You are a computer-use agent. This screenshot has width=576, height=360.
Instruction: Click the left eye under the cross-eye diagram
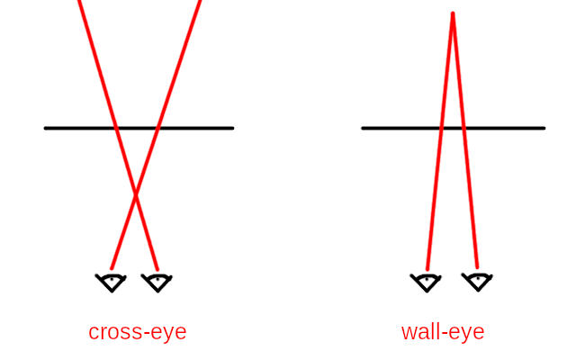click(111, 283)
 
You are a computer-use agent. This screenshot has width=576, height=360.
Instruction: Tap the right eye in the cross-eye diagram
click(157, 283)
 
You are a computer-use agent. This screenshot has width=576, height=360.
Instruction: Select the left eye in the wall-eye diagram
click(426, 282)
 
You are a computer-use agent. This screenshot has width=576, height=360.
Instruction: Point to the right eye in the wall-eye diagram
click(477, 282)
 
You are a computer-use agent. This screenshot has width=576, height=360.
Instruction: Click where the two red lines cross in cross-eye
click(136, 194)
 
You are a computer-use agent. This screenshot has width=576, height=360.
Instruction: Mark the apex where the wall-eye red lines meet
click(453, 13)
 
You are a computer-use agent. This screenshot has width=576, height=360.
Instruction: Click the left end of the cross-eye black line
click(46, 128)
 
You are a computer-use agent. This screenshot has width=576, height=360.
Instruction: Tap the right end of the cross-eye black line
click(232, 128)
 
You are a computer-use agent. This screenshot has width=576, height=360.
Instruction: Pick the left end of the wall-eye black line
click(364, 128)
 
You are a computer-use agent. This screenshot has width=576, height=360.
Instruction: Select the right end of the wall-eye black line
click(544, 128)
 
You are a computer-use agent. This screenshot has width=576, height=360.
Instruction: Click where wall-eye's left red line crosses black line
click(442, 128)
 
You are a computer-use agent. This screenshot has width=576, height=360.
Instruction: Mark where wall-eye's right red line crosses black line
click(463, 128)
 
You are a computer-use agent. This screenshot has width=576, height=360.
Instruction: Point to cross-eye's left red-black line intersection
click(116, 128)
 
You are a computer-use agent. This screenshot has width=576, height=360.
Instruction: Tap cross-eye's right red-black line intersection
click(158, 128)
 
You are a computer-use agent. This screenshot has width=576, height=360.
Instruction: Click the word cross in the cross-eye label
click(112, 332)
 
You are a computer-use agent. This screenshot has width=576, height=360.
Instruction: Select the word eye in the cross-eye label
click(167, 332)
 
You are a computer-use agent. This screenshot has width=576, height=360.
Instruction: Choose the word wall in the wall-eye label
click(418, 332)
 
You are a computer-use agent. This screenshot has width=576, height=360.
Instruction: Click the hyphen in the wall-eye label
click(443, 333)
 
